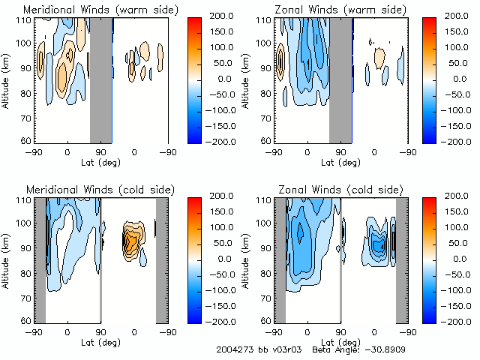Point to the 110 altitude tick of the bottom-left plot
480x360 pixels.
coord(27,200)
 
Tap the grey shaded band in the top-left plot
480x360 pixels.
coord(100,79)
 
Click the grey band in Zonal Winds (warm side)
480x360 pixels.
coord(340,79)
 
